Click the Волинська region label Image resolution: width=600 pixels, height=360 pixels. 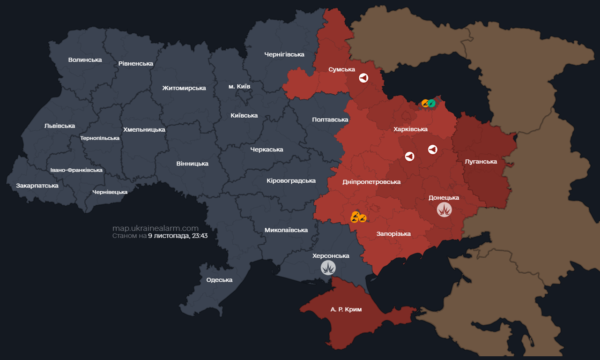pyautogui.click(x=85, y=60)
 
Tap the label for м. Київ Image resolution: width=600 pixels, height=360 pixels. pyautogui.click(x=239, y=87)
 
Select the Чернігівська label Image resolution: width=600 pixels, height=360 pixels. pyautogui.click(x=284, y=54)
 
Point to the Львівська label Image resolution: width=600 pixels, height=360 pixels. pyautogui.click(x=59, y=126)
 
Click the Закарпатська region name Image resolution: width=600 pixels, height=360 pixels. pyautogui.click(x=37, y=186)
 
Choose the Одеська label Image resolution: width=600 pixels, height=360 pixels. pyautogui.click(x=219, y=280)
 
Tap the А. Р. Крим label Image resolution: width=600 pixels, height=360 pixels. pyautogui.click(x=346, y=310)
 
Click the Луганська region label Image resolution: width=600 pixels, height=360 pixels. pyautogui.click(x=481, y=162)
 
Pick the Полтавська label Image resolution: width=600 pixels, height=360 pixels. pyautogui.click(x=330, y=120)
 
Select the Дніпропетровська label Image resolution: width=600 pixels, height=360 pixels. pyautogui.click(x=371, y=182)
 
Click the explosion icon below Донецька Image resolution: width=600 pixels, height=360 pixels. pyautogui.click(x=444, y=210)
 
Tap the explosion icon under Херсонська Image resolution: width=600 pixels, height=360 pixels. pyautogui.click(x=328, y=268)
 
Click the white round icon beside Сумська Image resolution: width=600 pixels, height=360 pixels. pyautogui.click(x=363, y=78)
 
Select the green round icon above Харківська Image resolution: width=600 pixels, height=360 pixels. pyautogui.click(x=431, y=103)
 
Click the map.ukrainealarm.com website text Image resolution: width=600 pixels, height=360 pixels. pyautogui.click(x=155, y=228)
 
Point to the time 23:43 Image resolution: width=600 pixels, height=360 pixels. pyautogui.click(x=199, y=236)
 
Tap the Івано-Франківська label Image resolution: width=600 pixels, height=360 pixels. pyautogui.click(x=76, y=170)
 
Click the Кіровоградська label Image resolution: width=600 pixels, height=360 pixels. pyautogui.click(x=291, y=181)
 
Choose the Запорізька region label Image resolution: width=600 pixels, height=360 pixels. pyautogui.click(x=393, y=234)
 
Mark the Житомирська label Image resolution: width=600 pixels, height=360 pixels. pyautogui.click(x=184, y=88)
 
